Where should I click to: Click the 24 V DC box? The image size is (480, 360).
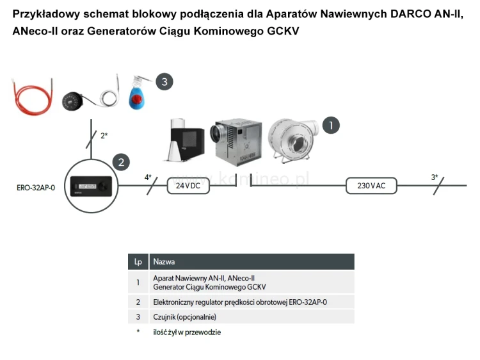pos(184,186)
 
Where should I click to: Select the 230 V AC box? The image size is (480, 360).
pos(371,186)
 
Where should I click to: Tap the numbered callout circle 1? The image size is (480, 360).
pos(330,125)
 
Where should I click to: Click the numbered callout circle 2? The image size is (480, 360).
pos(122,163)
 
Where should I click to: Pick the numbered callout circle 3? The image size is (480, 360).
pos(164,81)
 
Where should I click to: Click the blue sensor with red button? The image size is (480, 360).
pos(135,93)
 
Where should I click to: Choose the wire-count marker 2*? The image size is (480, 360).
pos(103,136)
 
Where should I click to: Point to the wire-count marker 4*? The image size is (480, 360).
pos(148,177)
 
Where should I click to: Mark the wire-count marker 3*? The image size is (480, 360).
pos(434,177)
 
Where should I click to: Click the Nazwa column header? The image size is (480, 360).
pos(164,261)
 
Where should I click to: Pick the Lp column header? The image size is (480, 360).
pos(138,261)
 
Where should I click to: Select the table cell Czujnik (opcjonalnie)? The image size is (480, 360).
pos(185,316)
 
